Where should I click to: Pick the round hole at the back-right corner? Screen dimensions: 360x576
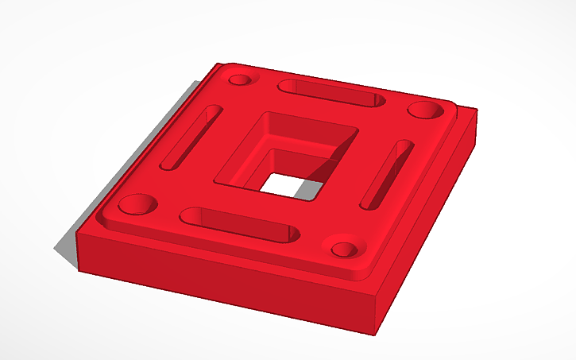(x=427, y=108)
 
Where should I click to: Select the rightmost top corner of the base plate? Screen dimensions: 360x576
(x=477, y=110)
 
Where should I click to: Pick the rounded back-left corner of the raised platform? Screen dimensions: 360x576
(x=223, y=66)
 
